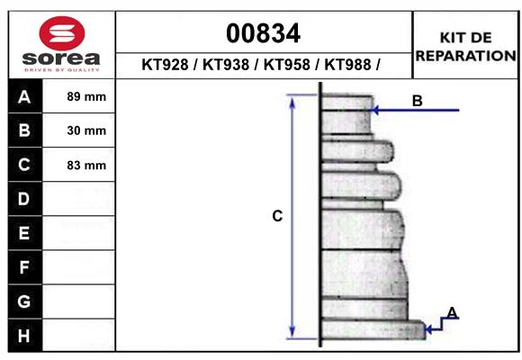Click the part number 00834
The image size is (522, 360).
coord(263,33)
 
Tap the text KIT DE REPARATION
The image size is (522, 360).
coord(465,46)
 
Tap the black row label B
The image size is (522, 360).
coord(24,131)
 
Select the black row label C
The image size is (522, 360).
coord(24,165)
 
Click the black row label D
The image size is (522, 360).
coord(24,199)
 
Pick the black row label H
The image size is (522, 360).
coord(24,335)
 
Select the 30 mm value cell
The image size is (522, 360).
coord(86,131)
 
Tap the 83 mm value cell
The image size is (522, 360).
coord(86,165)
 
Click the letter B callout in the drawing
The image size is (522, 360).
coord(417,101)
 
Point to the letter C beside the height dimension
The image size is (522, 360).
coord(278,216)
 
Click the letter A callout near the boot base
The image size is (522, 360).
coord(453,313)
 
